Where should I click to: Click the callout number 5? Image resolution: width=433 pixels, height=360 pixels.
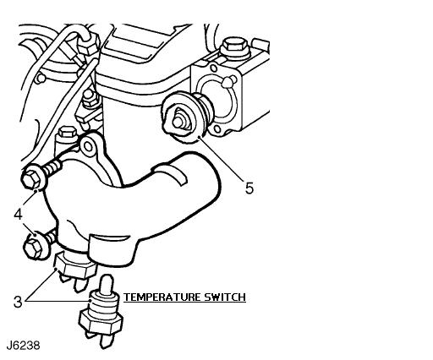point(249,188)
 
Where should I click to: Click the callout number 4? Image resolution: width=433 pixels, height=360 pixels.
point(18,215)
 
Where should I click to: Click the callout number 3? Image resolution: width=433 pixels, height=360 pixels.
point(18,302)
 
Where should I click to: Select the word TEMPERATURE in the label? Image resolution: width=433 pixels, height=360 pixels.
point(162,297)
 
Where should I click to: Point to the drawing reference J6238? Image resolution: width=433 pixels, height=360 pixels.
point(24,346)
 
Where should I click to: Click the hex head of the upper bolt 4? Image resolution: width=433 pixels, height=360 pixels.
point(30,179)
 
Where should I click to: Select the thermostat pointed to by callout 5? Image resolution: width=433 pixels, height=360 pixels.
point(188,116)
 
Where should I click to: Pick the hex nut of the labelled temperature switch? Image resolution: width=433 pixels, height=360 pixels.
point(101,322)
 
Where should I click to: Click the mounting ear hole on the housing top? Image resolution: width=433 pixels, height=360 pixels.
point(88,146)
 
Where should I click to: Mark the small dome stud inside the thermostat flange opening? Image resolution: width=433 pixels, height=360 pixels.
point(227,82)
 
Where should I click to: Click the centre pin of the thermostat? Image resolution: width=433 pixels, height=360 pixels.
point(178,121)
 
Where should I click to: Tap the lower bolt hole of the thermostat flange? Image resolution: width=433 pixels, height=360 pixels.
point(217,129)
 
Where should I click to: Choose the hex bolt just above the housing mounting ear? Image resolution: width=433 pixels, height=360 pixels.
point(67,132)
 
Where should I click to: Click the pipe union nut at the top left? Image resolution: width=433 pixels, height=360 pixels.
point(89,44)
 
